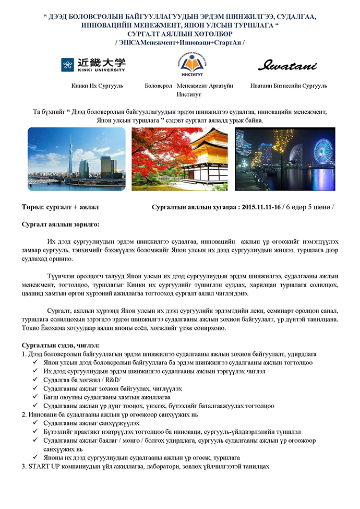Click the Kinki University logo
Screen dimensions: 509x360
93,65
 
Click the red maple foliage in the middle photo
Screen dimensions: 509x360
157,144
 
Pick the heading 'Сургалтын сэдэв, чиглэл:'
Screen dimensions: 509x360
61,346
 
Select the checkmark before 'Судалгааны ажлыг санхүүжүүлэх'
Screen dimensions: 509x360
35,422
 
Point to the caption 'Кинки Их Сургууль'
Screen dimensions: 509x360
97,86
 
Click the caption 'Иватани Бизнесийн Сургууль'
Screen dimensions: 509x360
289,86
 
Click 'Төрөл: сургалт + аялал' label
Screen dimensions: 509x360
60,207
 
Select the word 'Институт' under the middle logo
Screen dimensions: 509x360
188,94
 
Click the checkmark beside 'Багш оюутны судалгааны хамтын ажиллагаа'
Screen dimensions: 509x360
35,397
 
